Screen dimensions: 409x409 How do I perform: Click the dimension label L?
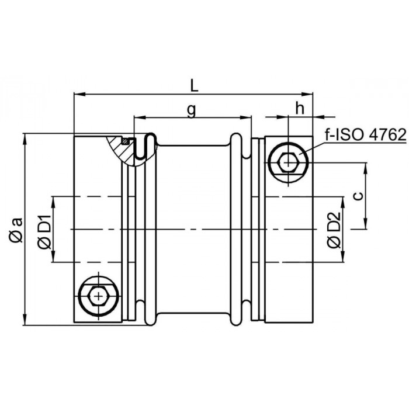(x=195, y=85)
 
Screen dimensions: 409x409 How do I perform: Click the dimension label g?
(x=192, y=110)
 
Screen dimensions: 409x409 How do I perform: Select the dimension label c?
(x=359, y=195)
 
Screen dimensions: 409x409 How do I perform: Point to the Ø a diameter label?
(x=16, y=230)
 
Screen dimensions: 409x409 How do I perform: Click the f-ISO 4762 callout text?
(x=365, y=135)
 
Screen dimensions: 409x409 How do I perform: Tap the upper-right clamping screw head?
(x=288, y=163)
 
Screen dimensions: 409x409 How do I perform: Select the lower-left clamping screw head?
(x=98, y=296)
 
